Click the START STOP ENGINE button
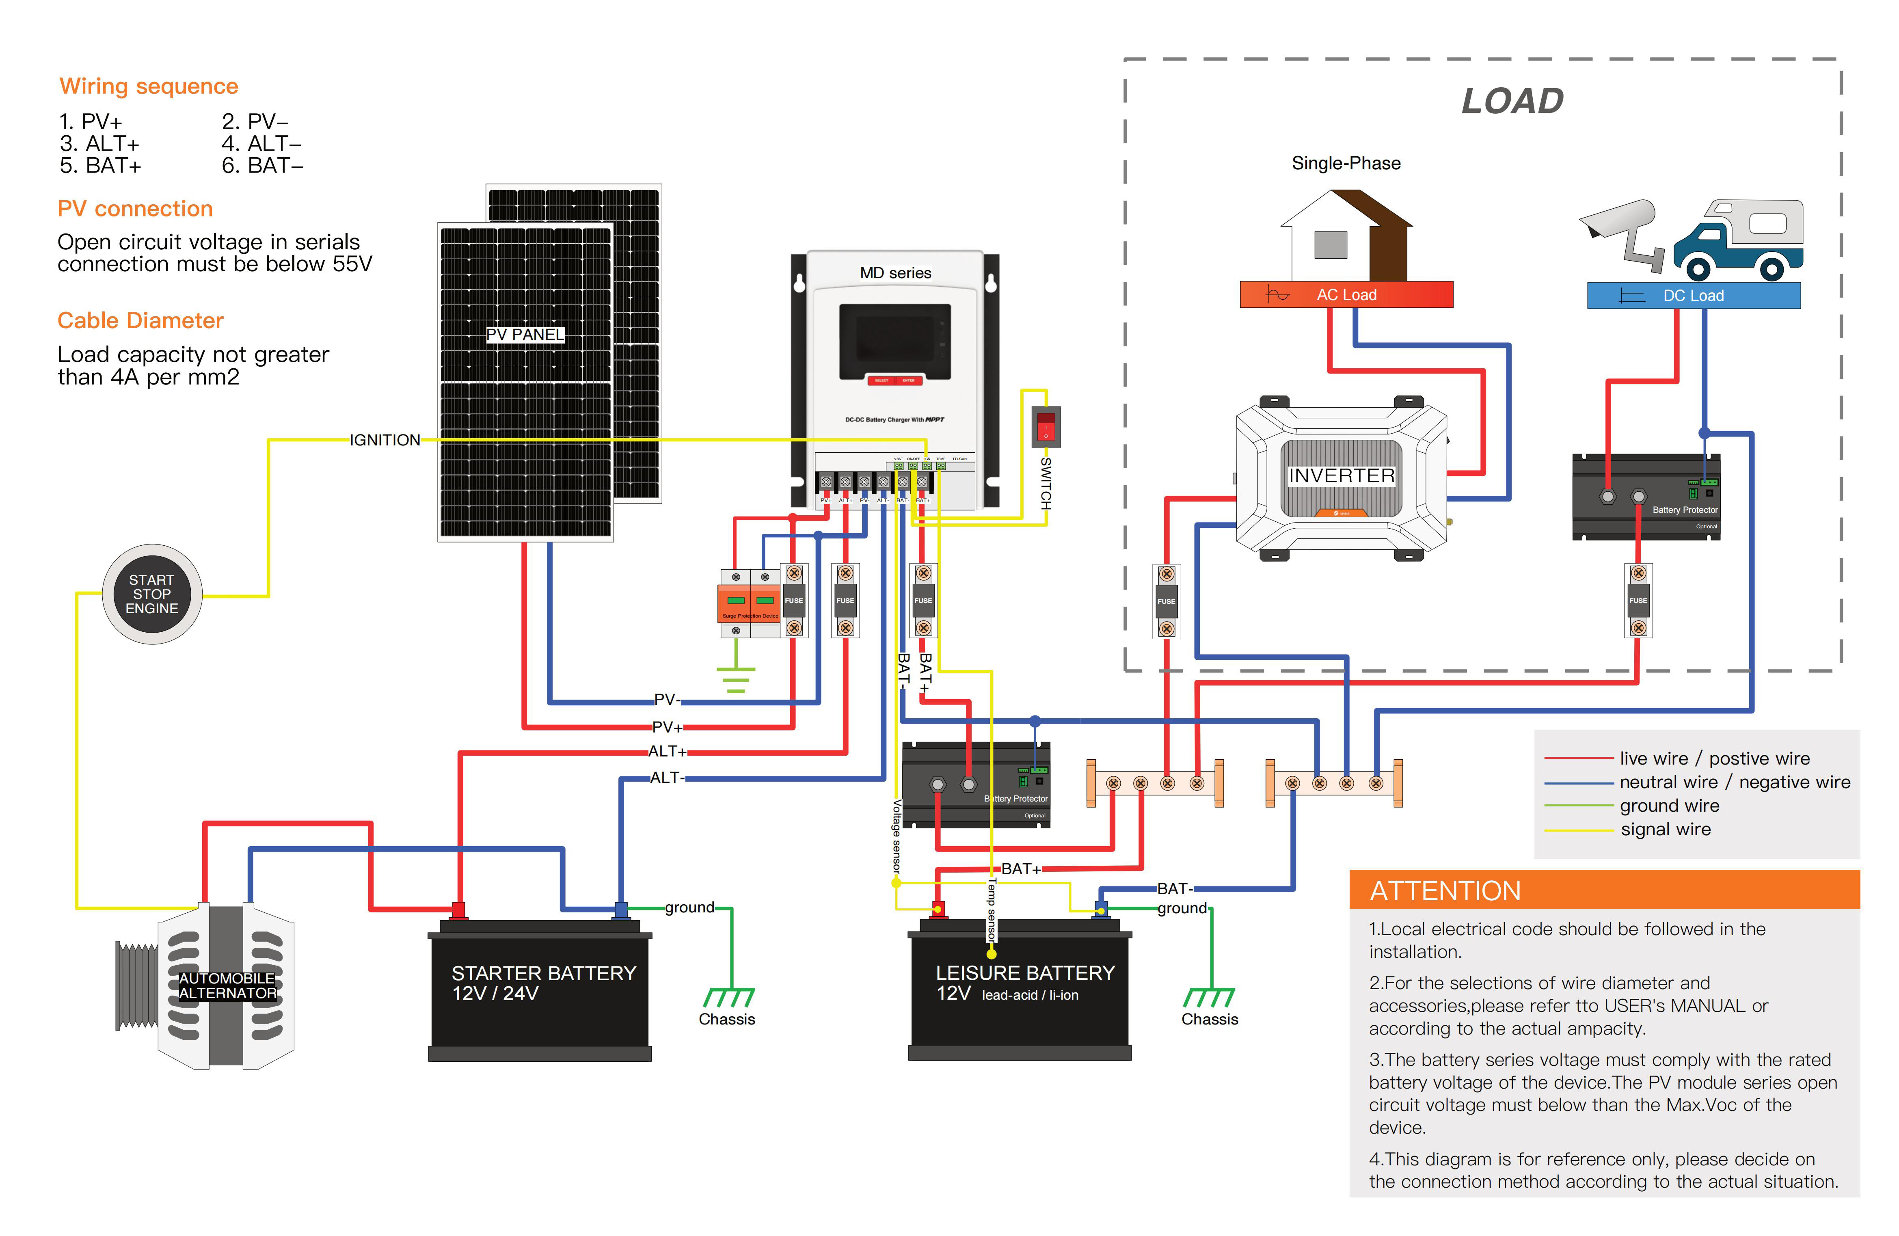click(151, 594)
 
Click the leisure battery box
click(1020, 990)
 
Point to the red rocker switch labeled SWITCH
click(1045, 427)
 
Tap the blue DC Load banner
click(1693, 295)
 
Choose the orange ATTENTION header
click(1604, 890)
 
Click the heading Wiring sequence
click(149, 86)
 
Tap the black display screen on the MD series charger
click(894, 341)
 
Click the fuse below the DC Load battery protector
click(1638, 600)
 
